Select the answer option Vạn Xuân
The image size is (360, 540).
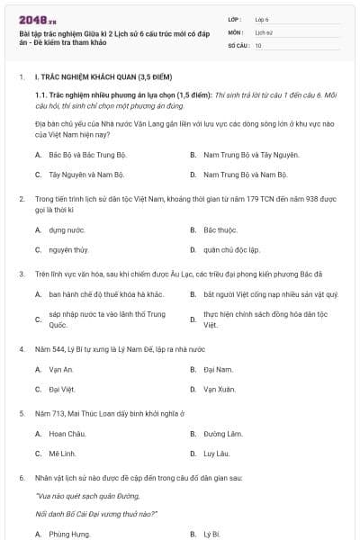click(x=219, y=390)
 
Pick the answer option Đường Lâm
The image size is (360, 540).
click(x=220, y=434)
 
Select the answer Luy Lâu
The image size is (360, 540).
click(x=217, y=454)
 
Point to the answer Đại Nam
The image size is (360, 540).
click(x=218, y=369)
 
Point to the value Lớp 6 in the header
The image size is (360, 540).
click(x=262, y=18)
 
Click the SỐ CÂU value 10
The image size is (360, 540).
click(x=258, y=44)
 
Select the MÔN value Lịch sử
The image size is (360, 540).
click(x=263, y=31)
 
